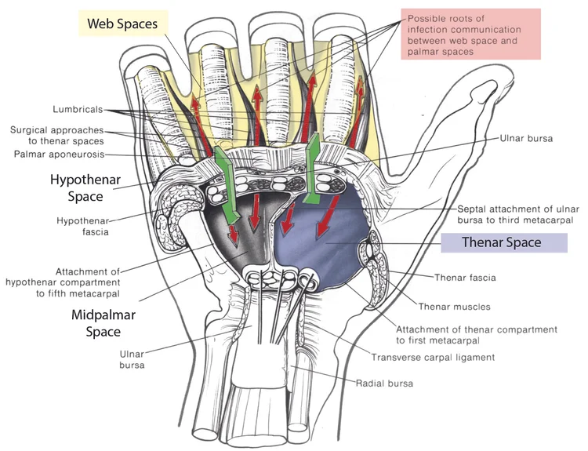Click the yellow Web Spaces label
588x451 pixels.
[122, 24]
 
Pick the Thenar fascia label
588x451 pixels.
[466, 277]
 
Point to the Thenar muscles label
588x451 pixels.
[455, 306]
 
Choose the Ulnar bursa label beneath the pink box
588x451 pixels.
[525, 138]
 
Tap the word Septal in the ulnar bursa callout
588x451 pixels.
[474, 209]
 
